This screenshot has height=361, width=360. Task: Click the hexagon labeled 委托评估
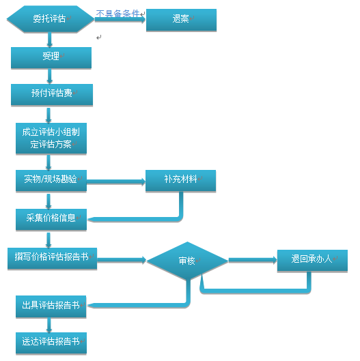[x=51, y=19]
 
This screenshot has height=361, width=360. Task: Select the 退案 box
[x=181, y=20]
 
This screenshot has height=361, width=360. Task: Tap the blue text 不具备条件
[x=117, y=14]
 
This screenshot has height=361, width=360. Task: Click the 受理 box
[x=51, y=57]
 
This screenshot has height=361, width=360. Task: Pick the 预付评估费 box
[x=52, y=95]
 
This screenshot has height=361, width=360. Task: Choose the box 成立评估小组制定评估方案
[x=51, y=138]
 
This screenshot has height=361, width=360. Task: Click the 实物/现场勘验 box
[x=51, y=180]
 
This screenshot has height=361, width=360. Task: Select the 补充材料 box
[x=181, y=180]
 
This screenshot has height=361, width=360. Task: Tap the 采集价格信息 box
[x=51, y=220]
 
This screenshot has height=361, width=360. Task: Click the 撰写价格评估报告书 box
[x=53, y=259]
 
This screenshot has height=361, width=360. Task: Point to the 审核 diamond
[x=187, y=261]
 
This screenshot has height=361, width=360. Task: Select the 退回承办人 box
[x=312, y=261]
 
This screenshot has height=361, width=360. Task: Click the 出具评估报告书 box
[x=51, y=306]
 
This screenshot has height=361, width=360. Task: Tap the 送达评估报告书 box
[x=51, y=343]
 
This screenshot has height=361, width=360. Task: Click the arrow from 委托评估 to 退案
[x=120, y=20]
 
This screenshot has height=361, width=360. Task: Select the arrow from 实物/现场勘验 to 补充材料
[x=116, y=182]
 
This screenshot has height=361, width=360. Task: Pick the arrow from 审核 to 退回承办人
[x=253, y=260]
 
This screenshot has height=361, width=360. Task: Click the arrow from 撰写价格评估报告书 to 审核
[x=122, y=260]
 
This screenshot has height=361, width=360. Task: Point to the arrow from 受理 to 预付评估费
[x=50, y=76]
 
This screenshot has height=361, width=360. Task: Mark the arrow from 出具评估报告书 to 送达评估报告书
[x=49, y=325]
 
